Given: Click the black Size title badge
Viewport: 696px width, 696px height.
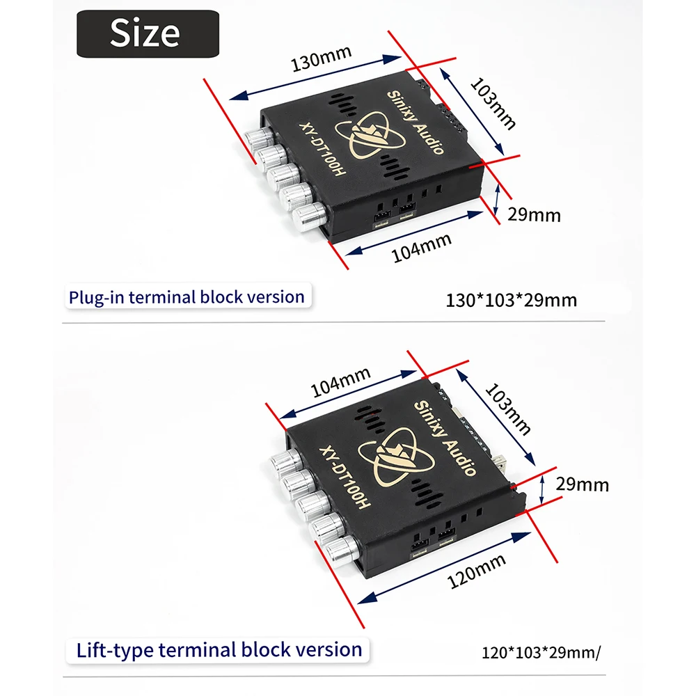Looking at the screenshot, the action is tap(148, 33).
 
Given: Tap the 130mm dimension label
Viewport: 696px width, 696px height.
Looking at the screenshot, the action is tap(321, 58).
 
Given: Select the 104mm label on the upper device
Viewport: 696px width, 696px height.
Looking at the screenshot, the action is tap(421, 248).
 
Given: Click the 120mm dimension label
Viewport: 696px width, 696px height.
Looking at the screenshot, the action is tap(476, 571).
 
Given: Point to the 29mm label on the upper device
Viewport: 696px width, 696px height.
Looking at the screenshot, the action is tap(534, 215).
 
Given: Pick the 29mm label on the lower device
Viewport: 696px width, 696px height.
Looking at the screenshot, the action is tap(582, 484).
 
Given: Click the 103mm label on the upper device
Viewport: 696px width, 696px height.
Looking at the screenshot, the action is tap(493, 104).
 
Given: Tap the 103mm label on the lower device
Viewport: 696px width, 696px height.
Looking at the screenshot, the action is tap(507, 409).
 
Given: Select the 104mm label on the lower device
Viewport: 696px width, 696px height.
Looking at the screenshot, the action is tap(340, 382).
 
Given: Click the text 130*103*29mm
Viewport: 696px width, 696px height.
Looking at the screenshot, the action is tap(511, 301).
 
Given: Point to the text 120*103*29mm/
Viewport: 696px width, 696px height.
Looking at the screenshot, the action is tap(541, 653).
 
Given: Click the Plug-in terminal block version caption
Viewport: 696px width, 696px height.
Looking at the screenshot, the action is tap(187, 297).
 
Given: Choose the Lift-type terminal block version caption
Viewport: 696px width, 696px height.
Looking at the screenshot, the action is tap(219, 650).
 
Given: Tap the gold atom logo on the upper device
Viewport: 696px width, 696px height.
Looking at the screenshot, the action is tap(370, 135).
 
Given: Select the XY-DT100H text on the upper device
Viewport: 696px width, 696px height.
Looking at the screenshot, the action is tap(322, 149).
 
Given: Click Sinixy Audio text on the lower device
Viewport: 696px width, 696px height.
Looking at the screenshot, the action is tap(445, 438).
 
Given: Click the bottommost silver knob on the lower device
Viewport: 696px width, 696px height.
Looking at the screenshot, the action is tap(342, 551).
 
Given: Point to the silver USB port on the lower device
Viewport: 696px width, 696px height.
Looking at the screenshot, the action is tap(501, 463).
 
